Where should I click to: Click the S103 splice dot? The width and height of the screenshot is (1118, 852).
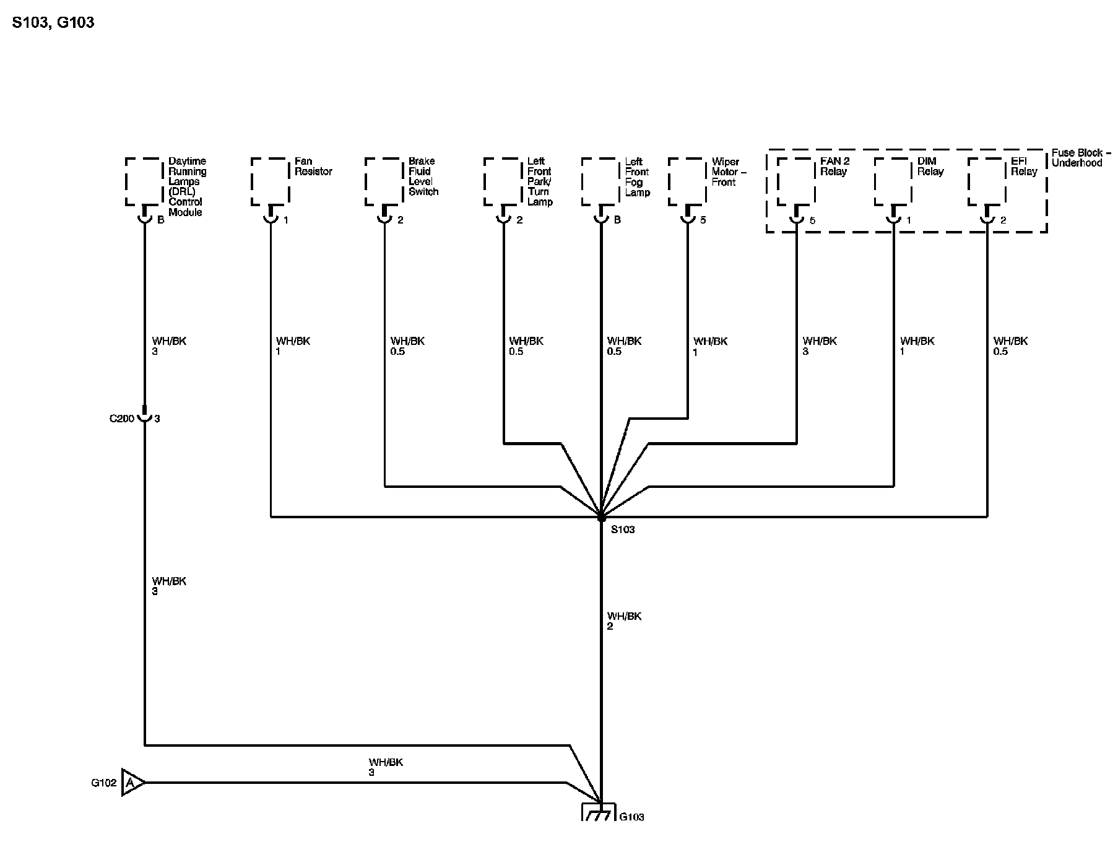tap(601, 517)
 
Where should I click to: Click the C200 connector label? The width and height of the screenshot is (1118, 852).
tap(121, 419)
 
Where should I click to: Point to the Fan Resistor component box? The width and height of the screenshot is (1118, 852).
tap(271, 181)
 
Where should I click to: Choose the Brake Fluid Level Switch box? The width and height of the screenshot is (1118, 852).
tap(384, 181)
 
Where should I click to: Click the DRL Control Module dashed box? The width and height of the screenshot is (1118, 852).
tap(145, 181)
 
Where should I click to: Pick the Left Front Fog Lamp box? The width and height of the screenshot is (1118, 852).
tap(600, 181)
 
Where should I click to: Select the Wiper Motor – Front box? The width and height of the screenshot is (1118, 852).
tap(687, 181)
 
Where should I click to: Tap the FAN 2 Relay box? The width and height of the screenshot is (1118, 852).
tap(796, 181)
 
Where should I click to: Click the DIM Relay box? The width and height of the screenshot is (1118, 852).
tap(893, 181)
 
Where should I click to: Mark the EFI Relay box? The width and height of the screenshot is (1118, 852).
tap(987, 181)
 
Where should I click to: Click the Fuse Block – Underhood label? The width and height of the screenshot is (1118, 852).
tap(1081, 158)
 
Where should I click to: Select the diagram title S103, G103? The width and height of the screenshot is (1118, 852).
tap(53, 23)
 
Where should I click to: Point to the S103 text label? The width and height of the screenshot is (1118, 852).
tap(623, 530)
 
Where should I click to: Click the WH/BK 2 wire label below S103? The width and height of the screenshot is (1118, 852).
tap(624, 621)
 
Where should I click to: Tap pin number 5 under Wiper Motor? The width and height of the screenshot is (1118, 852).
tap(703, 220)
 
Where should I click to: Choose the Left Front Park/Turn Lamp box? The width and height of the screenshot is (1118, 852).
tap(503, 181)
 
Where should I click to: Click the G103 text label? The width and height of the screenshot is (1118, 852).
tap(631, 817)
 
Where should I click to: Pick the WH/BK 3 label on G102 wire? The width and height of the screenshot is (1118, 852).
tap(386, 767)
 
